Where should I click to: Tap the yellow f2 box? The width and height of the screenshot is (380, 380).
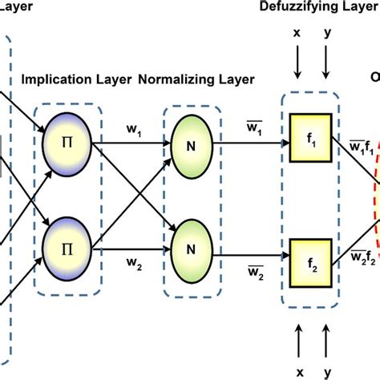[312, 226]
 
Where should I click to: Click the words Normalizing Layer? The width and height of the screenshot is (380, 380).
[196, 79]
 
